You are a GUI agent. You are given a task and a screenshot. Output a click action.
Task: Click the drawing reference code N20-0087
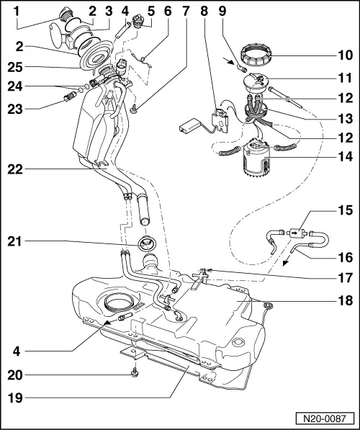pos(326,417)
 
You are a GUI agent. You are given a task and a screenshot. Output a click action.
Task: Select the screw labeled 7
pos(135,109)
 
